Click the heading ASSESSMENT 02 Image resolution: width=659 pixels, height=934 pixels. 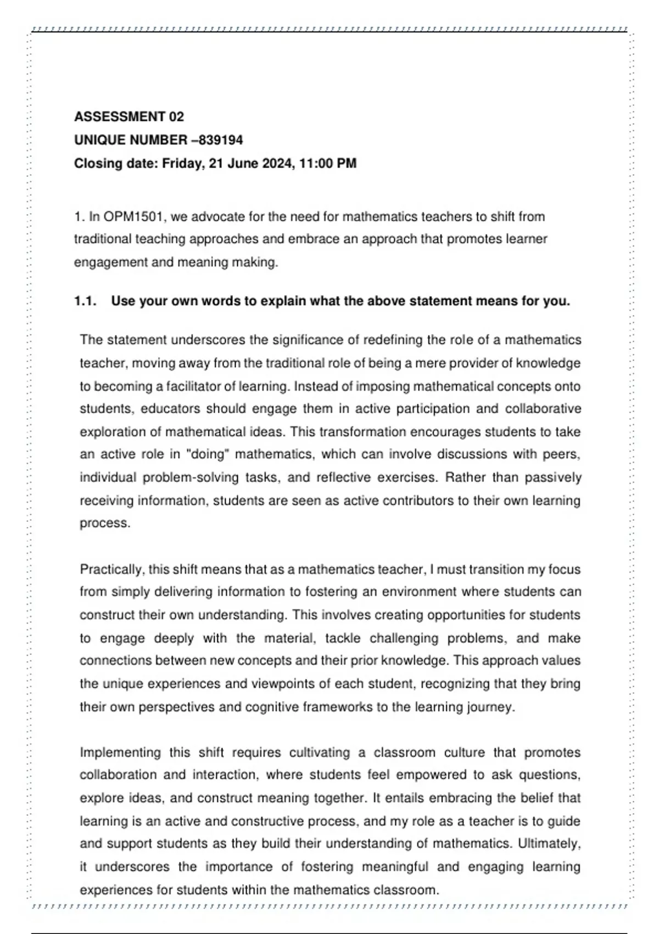(x=129, y=116)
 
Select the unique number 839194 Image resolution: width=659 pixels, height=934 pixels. (x=221, y=140)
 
